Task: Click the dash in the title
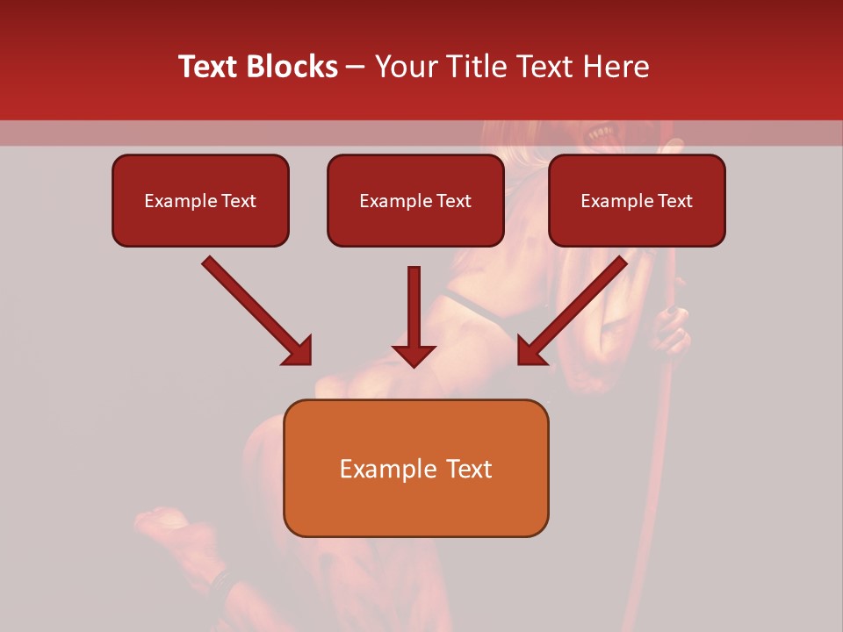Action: pyautogui.click(x=356, y=67)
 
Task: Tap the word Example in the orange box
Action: pyautogui.click(x=385, y=469)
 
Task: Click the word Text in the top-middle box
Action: pyautogui.click(x=453, y=201)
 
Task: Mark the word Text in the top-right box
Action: pyautogui.click(x=674, y=201)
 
